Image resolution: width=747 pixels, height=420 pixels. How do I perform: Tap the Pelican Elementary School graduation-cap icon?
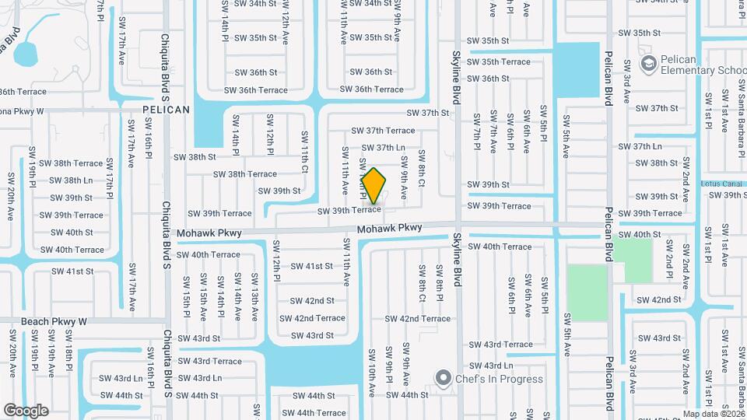click(x=647, y=62)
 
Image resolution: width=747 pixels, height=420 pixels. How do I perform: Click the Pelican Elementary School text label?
click(x=697, y=65)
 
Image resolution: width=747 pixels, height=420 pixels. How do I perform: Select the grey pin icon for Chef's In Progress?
click(x=444, y=379)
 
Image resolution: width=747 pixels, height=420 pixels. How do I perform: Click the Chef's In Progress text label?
click(x=489, y=379)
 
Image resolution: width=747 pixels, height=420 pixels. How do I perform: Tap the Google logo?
click(x=26, y=410)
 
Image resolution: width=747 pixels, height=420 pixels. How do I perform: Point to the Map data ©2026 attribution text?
click(x=712, y=414)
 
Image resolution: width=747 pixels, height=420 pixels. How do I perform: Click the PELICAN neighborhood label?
click(x=166, y=110)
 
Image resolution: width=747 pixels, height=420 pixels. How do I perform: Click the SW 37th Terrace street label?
click(x=383, y=131)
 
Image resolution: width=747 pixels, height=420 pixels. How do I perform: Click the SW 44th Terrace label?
click(x=310, y=413)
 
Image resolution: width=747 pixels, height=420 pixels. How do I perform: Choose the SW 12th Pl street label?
click(x=276, y=261)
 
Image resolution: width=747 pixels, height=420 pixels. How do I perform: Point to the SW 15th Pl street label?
click(x=186, y=296)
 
